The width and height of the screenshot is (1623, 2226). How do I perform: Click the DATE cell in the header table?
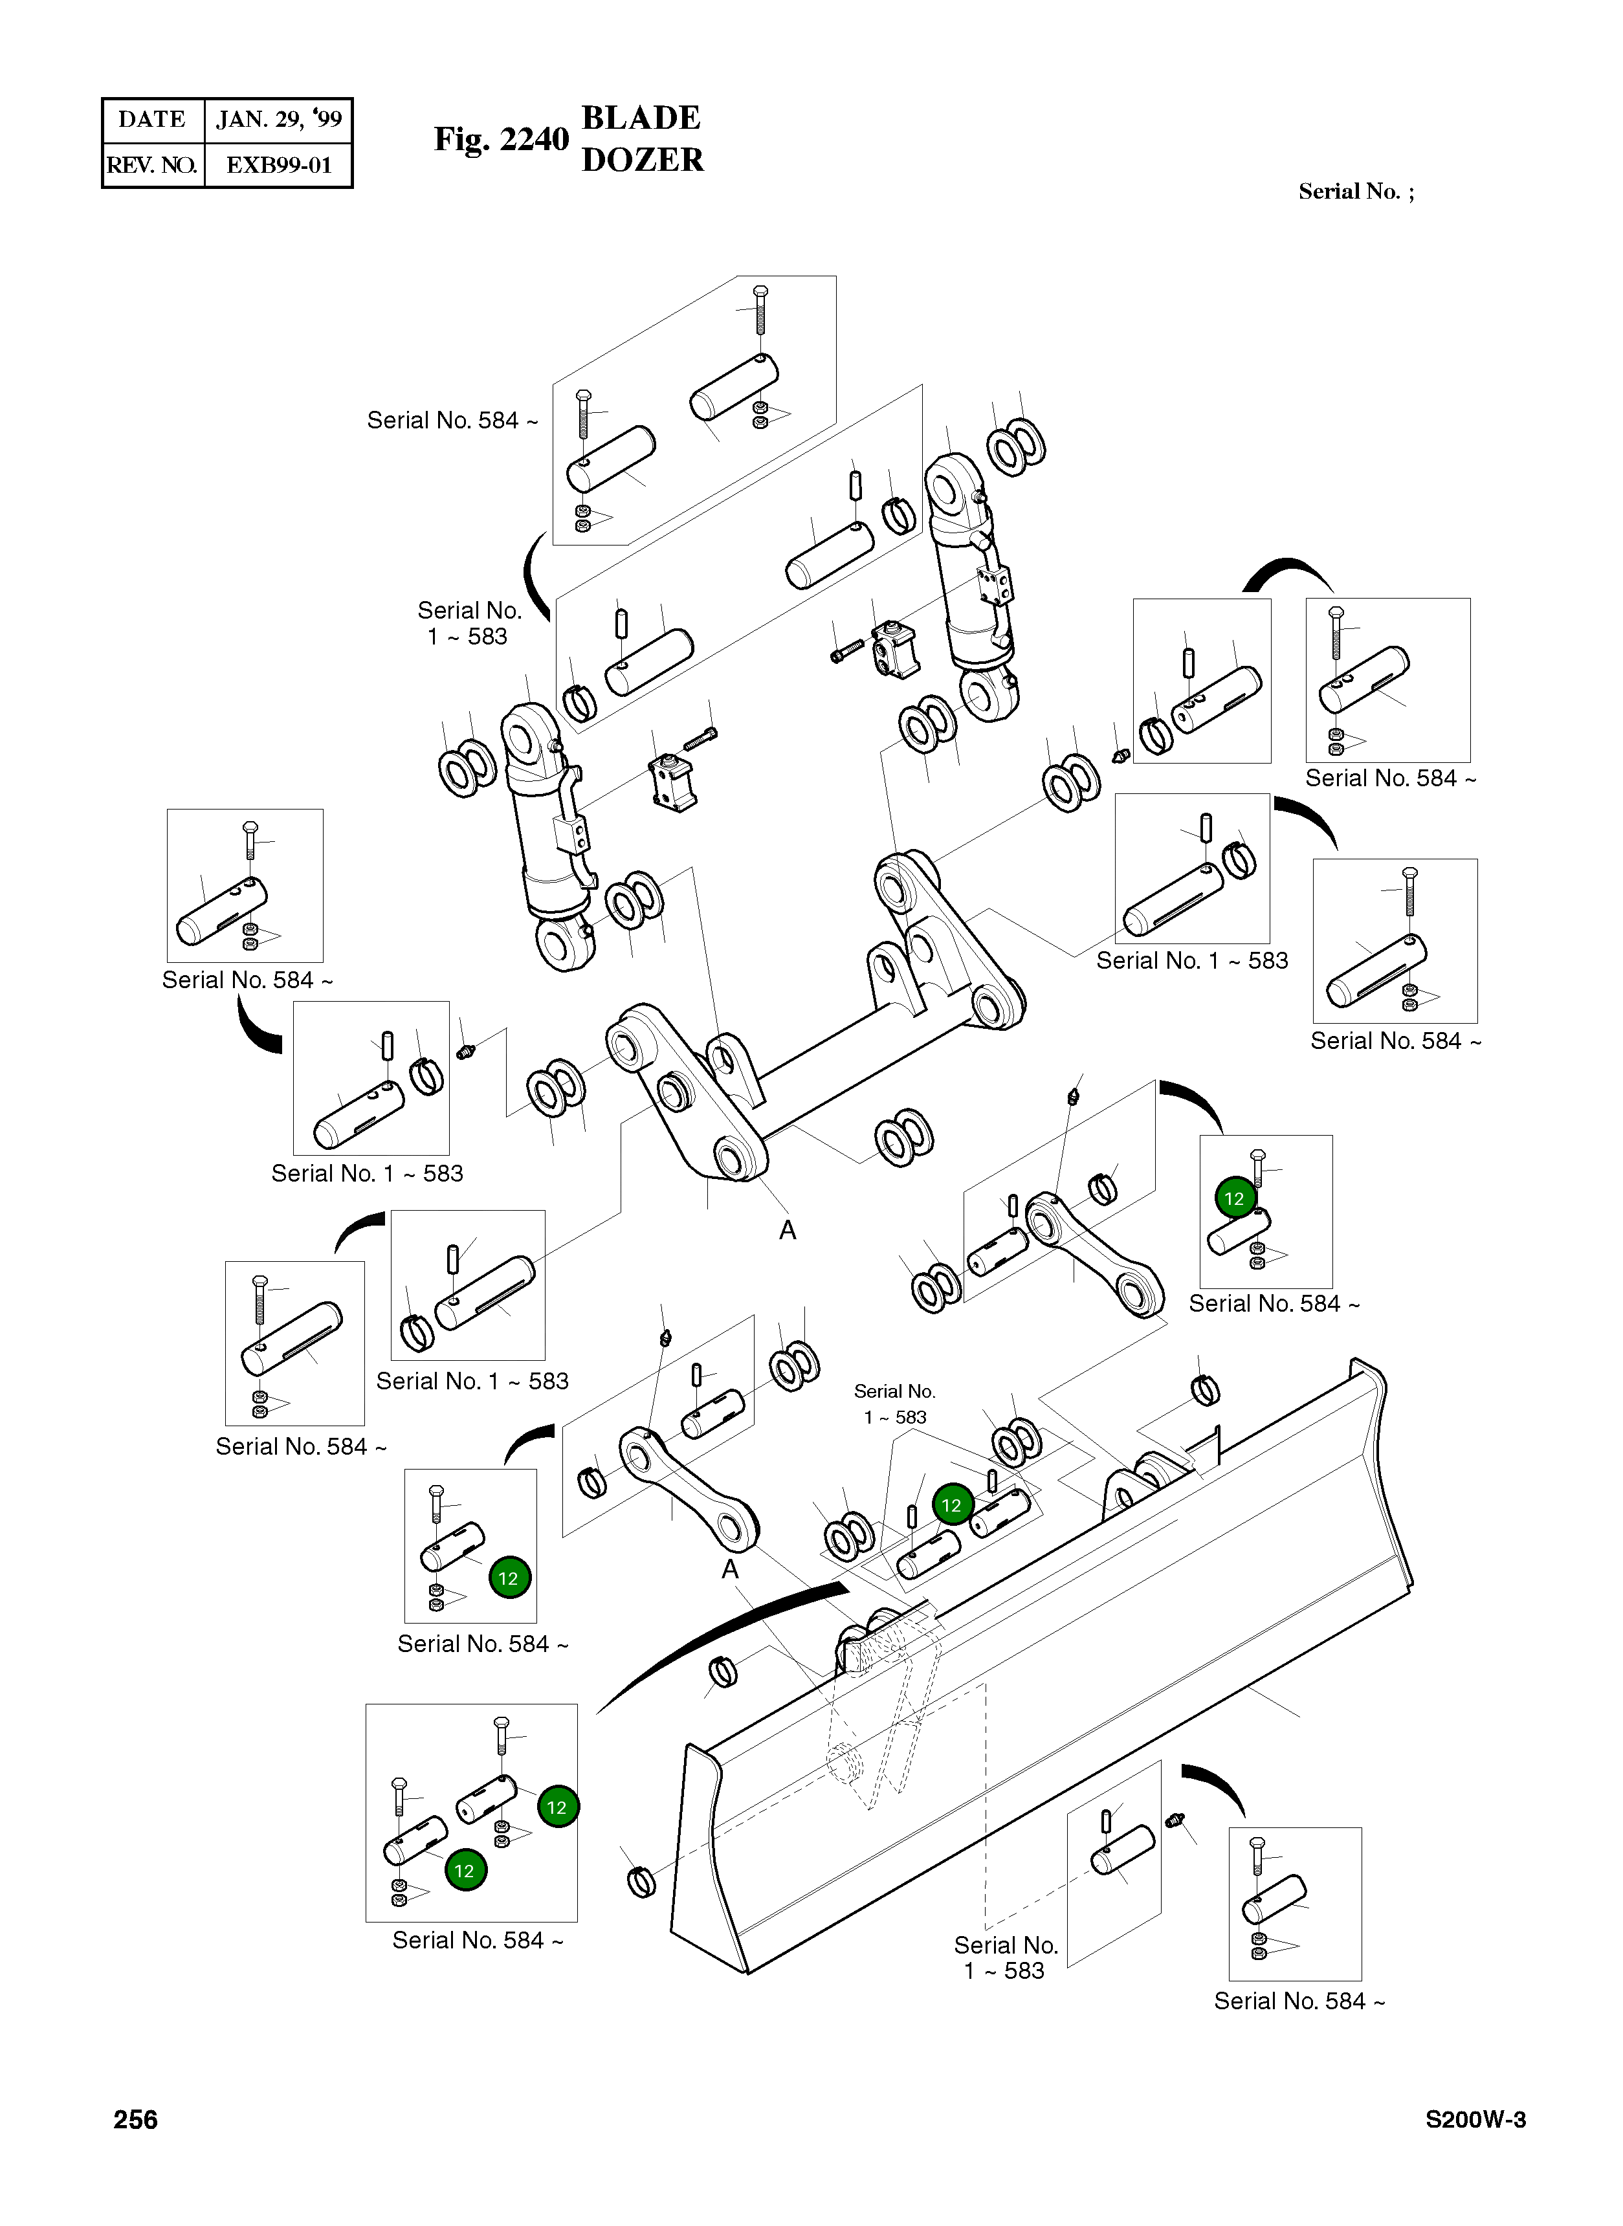tap(151, 120)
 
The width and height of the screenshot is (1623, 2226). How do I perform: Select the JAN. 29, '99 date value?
tap(279, 120)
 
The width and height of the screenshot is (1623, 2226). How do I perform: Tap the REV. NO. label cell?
tap(152, 165)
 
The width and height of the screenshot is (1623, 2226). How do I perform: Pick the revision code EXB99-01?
tap(279, 165)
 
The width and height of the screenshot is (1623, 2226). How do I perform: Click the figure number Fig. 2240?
tap(501, 140)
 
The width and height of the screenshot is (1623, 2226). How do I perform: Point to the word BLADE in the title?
tap(641, 118)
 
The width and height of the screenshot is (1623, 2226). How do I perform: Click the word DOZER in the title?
tap(643, 160)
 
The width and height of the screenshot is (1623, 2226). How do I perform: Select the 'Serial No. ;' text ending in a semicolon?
tap(1356, 192)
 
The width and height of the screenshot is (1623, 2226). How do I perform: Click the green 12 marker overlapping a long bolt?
tap(1235, 1198)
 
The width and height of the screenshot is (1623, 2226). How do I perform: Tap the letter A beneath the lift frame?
tap(787, 1230)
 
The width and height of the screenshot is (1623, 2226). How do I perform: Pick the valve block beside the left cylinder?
tap(673, 783)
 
